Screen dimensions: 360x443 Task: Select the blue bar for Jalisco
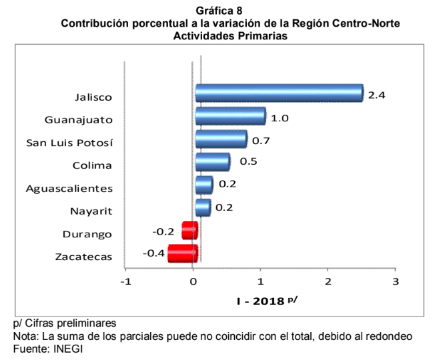point(279,93)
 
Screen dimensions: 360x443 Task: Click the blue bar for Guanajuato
point(230,117)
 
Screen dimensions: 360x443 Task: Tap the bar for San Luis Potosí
point(221,139)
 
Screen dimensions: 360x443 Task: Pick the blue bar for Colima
point(212,162)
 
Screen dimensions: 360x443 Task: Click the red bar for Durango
point(190,231)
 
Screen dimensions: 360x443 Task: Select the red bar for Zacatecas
point(183,254)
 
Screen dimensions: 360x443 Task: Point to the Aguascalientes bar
point(203,185)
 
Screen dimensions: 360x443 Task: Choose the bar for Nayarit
point(203,208)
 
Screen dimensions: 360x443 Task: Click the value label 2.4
point(377,95)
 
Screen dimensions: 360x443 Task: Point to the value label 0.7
point(261,141)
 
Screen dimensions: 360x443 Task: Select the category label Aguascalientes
point(69,188)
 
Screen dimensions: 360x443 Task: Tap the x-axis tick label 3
point(396,281)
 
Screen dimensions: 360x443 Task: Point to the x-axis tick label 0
point(193,281)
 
